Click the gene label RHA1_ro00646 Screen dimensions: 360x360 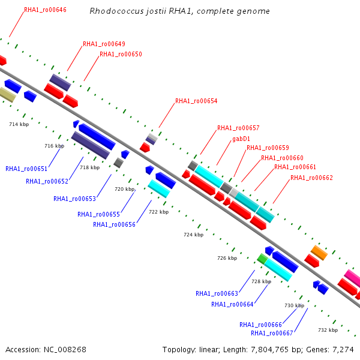(x=45, y=10)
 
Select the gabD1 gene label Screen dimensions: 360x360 (x=241, y=139)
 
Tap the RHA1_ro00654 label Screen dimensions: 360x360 (x=196, y=101)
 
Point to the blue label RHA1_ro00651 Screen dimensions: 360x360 (x=26, y=169)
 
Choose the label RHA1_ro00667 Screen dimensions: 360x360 (x=272, y=333)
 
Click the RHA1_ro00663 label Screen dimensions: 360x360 (x=217, y=293)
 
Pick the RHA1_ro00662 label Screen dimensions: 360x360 (x=311, y=178)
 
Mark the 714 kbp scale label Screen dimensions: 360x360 (x=19, y=124)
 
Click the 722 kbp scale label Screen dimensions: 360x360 (x=159, y=212)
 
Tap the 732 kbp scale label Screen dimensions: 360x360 (x=328, y=330)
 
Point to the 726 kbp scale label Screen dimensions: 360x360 (x=227, y=258)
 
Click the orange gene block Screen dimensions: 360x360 (x=319, y=253)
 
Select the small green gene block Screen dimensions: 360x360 (x=262, y=259)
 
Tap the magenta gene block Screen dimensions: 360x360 (x=352, y=277)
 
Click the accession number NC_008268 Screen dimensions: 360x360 (x=65, y=350)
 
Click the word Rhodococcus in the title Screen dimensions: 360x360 (x=116, y=11)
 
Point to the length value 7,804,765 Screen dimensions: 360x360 (x=269, y=350)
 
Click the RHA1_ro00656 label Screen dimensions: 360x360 (x=115, y=224)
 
